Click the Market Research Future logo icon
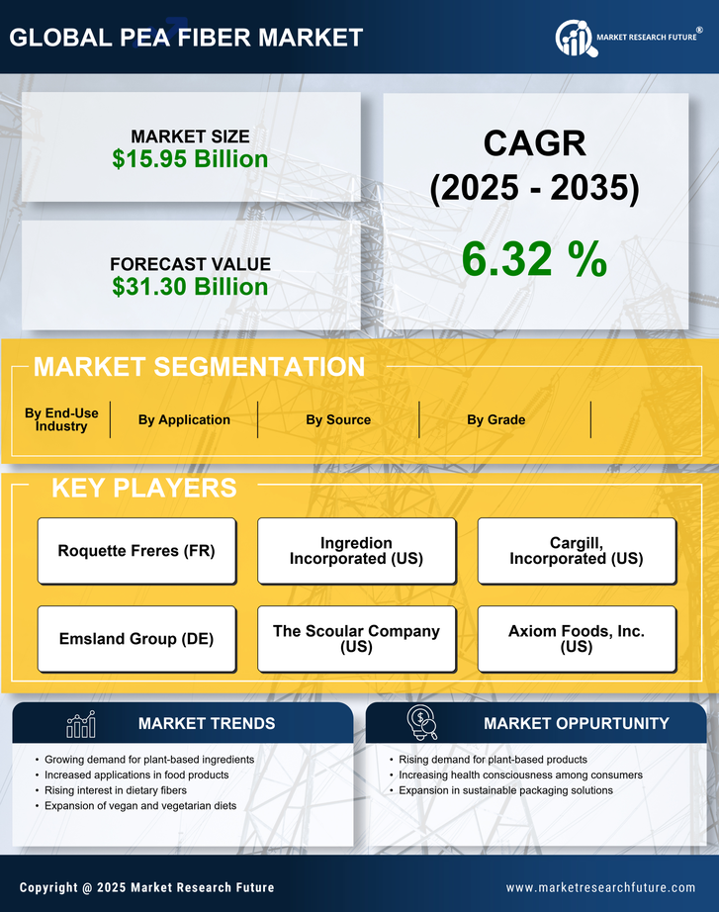575,38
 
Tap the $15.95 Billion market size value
190,159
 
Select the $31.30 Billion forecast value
190,287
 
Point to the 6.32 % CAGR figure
534,259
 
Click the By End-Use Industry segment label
61,419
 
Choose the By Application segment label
184,419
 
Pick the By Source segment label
338,419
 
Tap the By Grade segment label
496,419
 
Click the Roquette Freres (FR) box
136,551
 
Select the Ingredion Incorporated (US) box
356,551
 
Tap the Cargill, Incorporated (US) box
577,551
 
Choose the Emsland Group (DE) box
136,639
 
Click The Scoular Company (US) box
356,639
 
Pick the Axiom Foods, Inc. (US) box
577,639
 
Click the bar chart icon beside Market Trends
81,724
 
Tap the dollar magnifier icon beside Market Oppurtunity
422,723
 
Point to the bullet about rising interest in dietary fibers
116,790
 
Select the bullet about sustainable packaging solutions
505,790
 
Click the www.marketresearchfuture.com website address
600,887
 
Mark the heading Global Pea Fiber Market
186,38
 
